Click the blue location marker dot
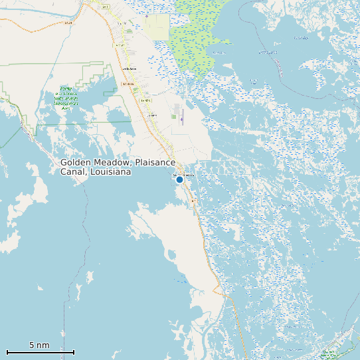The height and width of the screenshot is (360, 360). tap(179, 179)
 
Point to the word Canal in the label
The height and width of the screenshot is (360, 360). tap(72, 172)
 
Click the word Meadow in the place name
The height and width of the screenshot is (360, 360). tap(114, 163)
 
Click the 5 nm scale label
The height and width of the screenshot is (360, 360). tap(39, 345)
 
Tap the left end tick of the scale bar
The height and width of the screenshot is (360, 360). tap(7, 352)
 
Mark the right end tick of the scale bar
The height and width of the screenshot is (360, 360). tap(74, 352)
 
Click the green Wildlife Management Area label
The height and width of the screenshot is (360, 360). tap(66, 98)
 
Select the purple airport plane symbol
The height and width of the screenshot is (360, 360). tap(181, 120)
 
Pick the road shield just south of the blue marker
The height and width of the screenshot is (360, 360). tap(193, 201)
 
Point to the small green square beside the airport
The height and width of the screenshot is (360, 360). tap(173, 117)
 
